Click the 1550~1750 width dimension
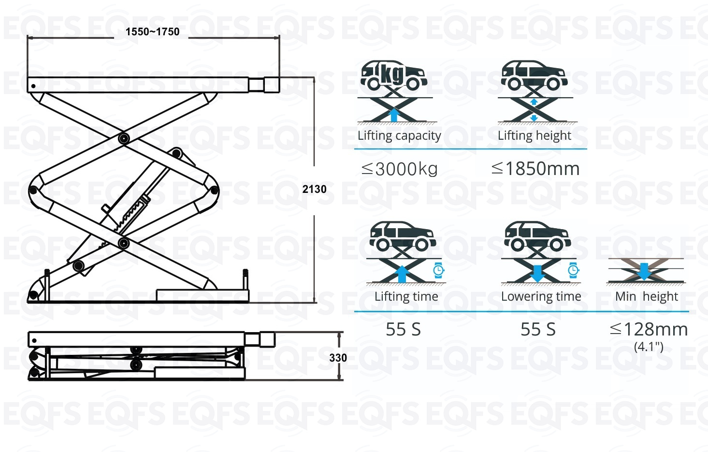click(x=152, y=31)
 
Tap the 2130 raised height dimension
click(x=314, y=189)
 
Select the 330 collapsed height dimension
click(x=338, y=358)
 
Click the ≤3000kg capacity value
click(x=400, y=169)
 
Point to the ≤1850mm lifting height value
click(x=535, y=168)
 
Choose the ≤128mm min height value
click(x=649, y=329)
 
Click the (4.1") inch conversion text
click(x=649, y=347)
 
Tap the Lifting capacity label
click(x=399, y=135)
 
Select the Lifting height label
click(x=535, y=135)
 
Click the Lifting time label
click(x=406, y=296)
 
